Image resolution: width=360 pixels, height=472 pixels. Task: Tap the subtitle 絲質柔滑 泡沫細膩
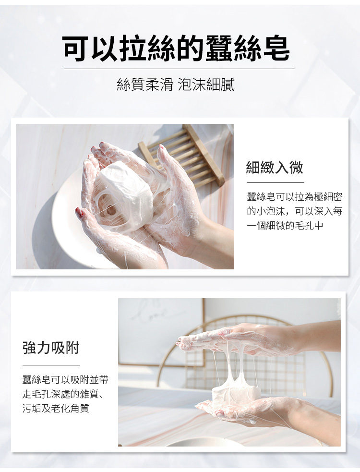(175, 85)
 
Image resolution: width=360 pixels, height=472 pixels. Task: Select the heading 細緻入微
(275, 168)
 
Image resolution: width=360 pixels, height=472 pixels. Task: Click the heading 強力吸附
(51, 348)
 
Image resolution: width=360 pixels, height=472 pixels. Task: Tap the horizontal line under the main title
(180, 69)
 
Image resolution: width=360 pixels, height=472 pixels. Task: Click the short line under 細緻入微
(276, 182)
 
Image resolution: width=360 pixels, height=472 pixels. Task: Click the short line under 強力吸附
(51, 365)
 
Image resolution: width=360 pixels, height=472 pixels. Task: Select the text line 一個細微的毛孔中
(285, 226)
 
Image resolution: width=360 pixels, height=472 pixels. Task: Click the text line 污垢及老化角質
(56, 408)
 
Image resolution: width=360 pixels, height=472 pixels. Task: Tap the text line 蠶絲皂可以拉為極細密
(295, 197)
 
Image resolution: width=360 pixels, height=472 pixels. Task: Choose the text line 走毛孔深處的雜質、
(62, 394)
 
